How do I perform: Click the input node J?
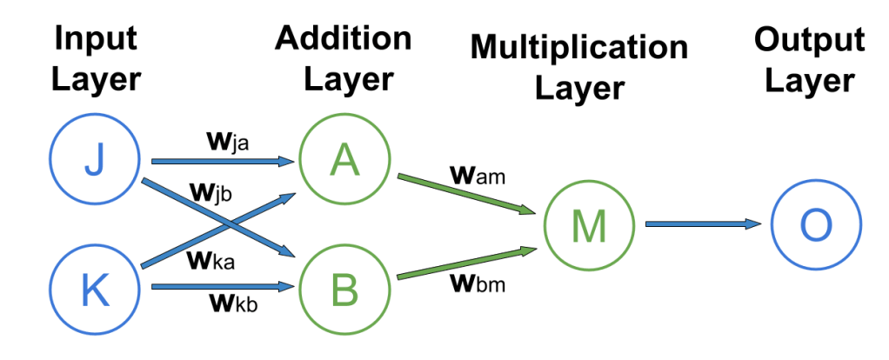(94, 160)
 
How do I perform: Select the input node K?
(94, 290)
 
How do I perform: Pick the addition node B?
(344, 290)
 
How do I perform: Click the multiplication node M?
(589, 225)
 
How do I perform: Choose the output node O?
(816, 225)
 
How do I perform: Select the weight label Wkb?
(231, 303)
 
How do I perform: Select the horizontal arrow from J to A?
(223, 161)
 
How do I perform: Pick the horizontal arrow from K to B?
(223, 285)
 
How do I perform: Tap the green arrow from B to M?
(465, 263)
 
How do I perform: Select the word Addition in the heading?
(344, 39)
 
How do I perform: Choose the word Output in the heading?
(809, 40)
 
